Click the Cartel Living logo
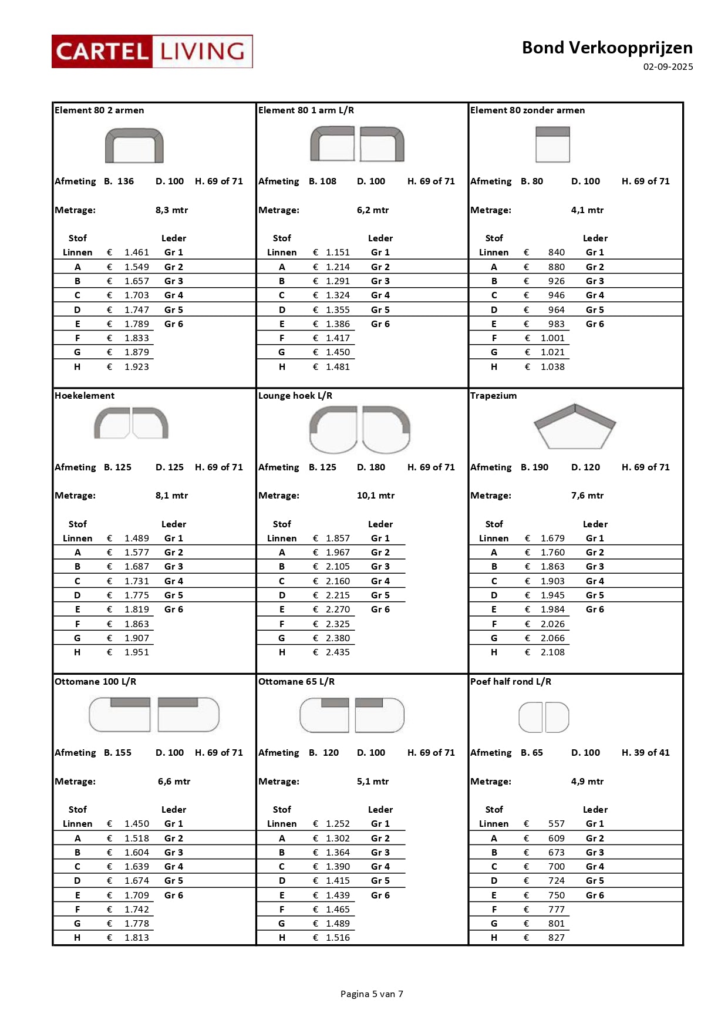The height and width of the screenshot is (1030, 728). pos(152,52)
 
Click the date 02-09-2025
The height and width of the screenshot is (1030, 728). pos(668,67)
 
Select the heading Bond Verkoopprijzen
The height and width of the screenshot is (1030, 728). pos(607,48)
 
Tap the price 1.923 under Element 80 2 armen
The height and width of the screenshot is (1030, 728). pos(136,367)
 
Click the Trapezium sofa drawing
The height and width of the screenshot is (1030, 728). pos(574,427)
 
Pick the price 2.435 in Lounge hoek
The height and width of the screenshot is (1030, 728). pos(338,652)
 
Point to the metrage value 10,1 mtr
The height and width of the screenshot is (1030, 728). pos(376,496)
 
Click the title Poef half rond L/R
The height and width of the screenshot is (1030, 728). pos(510,682)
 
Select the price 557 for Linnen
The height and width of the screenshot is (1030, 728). pos(556,824)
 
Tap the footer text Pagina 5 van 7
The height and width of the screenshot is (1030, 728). pos(372,994)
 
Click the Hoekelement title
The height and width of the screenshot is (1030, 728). pos(85,396)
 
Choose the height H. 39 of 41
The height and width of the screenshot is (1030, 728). pos(645,753)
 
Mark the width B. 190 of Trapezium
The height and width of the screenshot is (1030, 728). pos(534,467)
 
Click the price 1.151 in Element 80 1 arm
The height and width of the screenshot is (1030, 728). pos(338,253)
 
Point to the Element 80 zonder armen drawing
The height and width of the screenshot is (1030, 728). pos(552,144)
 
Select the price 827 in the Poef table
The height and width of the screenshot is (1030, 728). pos(556,938)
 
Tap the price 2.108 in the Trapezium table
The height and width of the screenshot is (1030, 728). pos(552,652)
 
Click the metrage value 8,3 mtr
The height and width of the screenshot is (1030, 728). pos(171,210)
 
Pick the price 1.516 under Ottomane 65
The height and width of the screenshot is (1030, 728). pos(338,938)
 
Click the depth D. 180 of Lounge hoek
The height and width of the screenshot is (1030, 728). pos(371,467)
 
